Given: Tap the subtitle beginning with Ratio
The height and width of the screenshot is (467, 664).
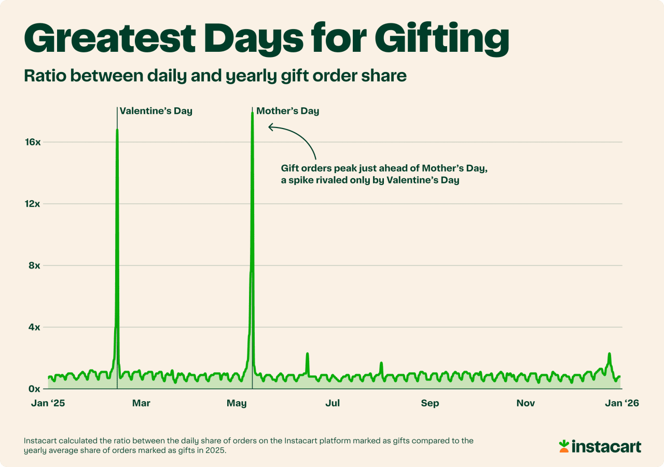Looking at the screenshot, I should pos(215,76).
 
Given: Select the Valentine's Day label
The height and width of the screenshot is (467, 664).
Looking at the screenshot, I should pos(156,111).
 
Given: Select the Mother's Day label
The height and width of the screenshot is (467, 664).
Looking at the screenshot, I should pos(287,111).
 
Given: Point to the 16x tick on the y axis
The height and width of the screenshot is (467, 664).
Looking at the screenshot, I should pos(33,142).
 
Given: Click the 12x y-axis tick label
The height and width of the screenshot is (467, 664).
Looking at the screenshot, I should pos(33,204).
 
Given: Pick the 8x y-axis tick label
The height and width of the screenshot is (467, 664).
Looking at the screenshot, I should pos(34,265).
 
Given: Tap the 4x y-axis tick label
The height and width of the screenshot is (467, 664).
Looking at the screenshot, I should pos(34,327).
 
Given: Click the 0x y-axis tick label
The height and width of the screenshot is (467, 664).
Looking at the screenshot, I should pos(34,389).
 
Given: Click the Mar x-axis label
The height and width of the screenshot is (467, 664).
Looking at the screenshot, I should pos(141,403).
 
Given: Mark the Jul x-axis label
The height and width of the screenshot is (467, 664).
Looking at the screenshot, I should pos(333,403).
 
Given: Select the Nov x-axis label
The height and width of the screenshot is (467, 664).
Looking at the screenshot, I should pos(526,403).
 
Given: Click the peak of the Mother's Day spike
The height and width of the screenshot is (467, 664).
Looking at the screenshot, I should pos(252,113).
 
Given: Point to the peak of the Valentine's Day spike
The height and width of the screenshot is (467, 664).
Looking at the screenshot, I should pos(117,130).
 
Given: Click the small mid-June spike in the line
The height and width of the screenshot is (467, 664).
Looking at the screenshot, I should pos(307,354).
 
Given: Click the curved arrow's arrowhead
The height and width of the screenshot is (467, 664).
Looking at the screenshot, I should pos(270,126).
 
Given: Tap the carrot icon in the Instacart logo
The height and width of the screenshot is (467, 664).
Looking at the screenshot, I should pos(564,446).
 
